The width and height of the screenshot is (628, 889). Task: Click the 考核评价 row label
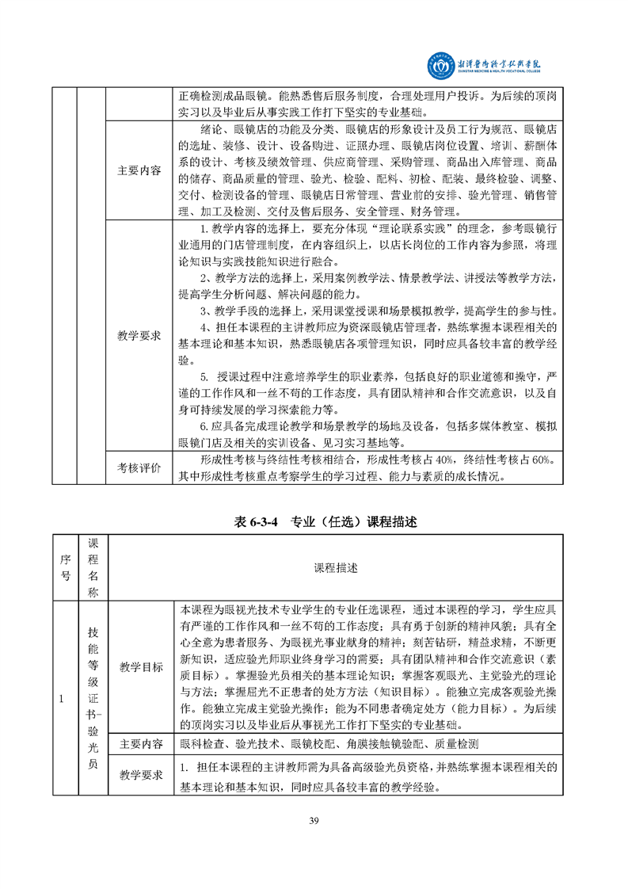(x=139, y=468)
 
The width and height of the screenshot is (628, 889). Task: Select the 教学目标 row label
(x=139, y=667)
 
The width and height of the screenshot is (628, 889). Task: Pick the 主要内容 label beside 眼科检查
(x=139, y=744)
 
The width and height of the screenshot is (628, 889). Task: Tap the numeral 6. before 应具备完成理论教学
(x=204, y=426)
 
